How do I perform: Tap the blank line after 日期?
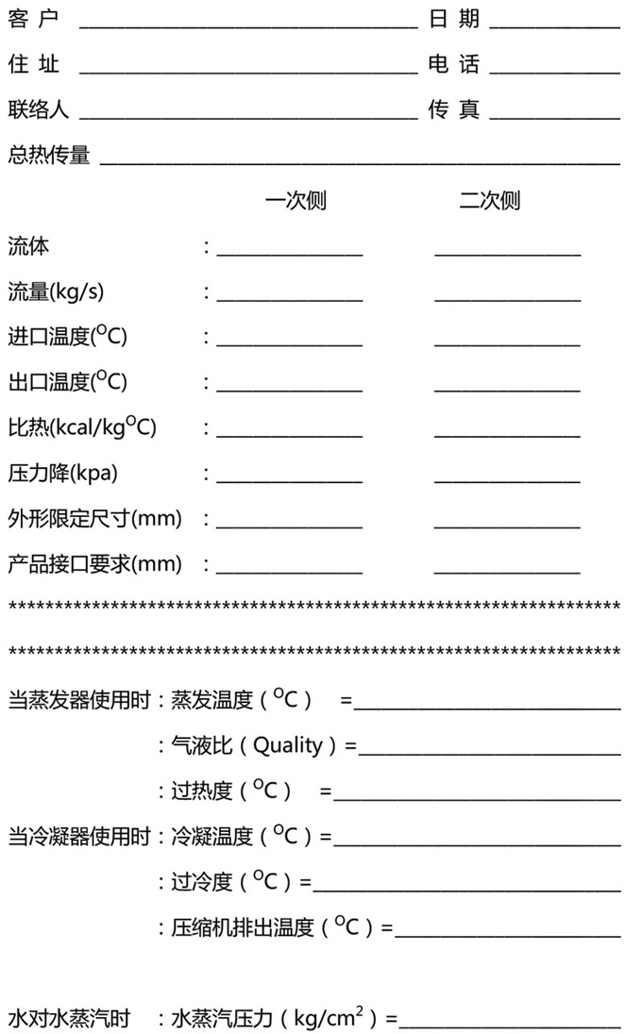[x=555, y=25]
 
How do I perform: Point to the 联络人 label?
[x=39, y=110]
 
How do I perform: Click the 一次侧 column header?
[x=296, y=200]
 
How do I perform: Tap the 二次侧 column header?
[x=489, y=200]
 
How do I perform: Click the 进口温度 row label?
[x=67, y=336]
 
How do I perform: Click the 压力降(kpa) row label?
[x=63, y=472]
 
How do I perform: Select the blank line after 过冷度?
[x=467, y=889]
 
